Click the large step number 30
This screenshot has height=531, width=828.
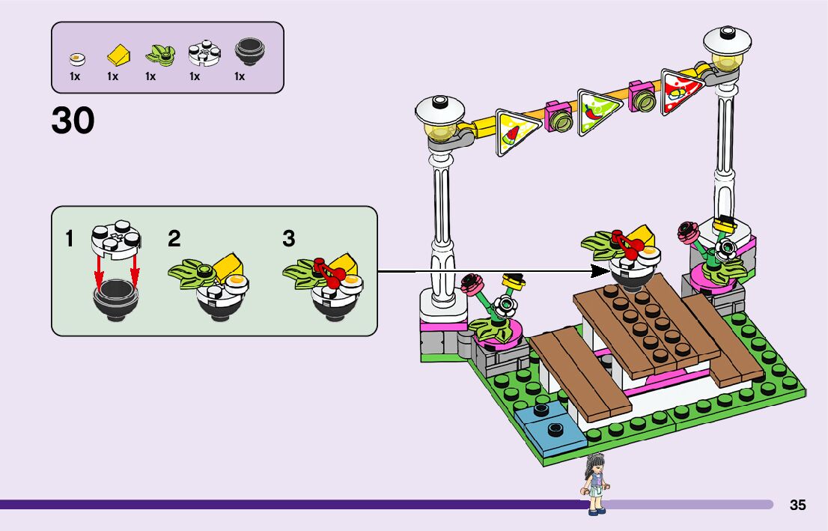tap(73, 120)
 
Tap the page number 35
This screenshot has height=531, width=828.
tap(797, 506)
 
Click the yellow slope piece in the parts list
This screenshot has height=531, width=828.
tap(117, 54)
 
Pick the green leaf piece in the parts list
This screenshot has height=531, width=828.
tap(158, 53)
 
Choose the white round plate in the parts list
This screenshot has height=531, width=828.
tap(201, 51)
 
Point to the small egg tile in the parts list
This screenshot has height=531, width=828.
tap(76, 57)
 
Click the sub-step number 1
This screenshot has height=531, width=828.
tap(70, 240)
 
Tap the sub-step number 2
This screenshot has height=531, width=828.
tap(174, 240)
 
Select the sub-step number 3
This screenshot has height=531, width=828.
tap(288, 240)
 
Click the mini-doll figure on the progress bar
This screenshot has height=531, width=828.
tap(595, 483)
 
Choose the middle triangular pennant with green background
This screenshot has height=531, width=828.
tap(596, 111)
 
